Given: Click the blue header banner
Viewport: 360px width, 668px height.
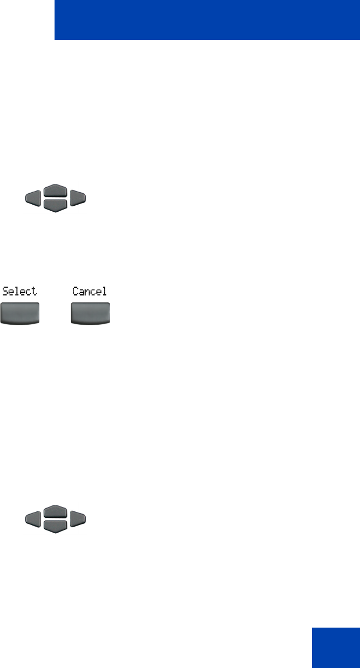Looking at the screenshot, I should point(207,20).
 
